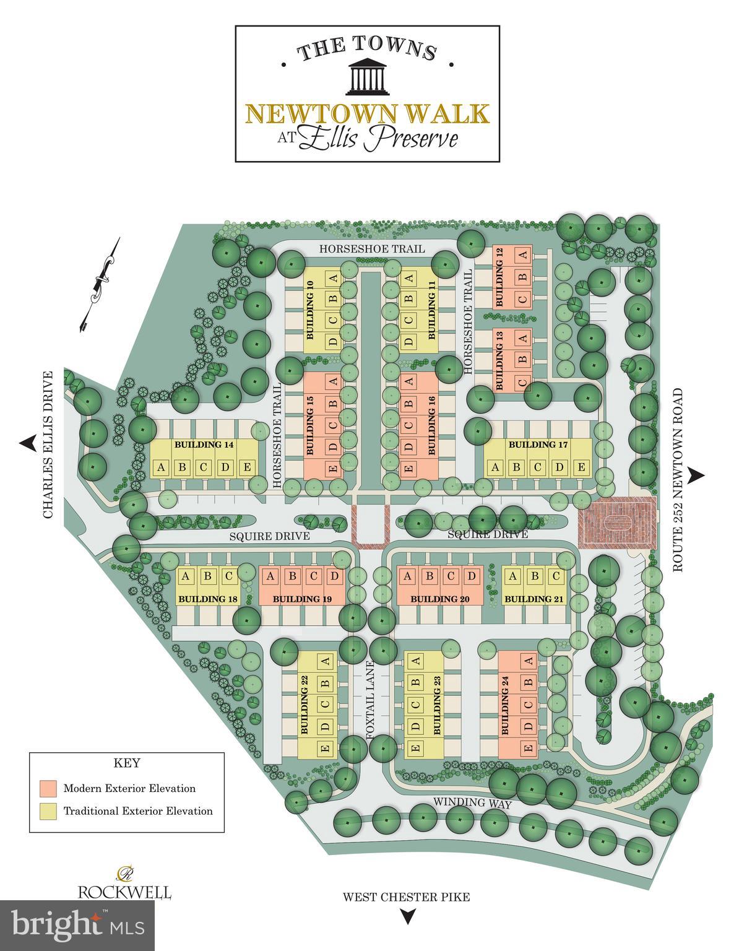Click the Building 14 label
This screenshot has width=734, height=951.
(x=197, y=445)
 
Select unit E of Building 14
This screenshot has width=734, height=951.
(x=246, y=467)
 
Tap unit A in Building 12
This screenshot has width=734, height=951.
(x=524, y=254)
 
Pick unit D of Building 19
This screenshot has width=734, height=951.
(x=335, y=577)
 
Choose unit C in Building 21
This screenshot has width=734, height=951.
(x=556, y=577)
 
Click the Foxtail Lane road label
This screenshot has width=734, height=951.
(x=371, y=699)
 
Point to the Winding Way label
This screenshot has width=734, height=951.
(x=472, y=803)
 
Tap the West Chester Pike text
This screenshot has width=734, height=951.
(x=407, y=897)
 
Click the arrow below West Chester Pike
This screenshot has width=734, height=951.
(x=407, y=916)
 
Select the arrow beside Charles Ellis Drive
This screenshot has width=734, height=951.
(x=27, y=443)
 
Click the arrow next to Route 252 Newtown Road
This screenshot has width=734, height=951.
(x=697, y=475)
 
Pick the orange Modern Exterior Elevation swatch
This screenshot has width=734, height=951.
(x=48, y=788)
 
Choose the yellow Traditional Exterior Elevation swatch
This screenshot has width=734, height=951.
(x=48, y=811)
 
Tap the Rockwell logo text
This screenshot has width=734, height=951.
(x=124, y=892)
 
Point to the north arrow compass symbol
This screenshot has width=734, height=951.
(x=99, y=285)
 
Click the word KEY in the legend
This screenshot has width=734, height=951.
(x=127, y=763)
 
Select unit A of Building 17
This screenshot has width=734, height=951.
(x=495, y=467)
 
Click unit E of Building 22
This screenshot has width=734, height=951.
(x=326, y=749)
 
